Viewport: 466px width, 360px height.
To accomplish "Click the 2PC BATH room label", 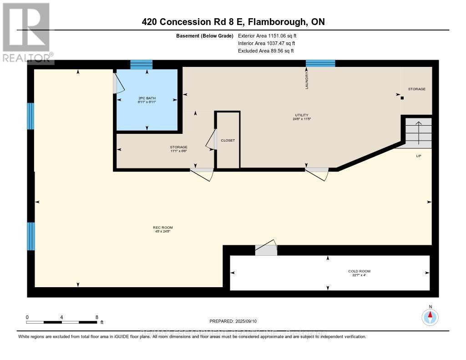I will pyautogui.click(x=147, y=100).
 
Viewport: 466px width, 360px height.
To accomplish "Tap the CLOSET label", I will pyautogui.click(x=228, y=140).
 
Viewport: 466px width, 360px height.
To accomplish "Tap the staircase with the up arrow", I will pyautogui.click(x=417, y=132).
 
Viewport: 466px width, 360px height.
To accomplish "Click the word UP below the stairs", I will pyautogui.click(x=419, y=156).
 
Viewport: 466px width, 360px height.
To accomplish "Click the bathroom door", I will pyautogui.click(x=117, y=83).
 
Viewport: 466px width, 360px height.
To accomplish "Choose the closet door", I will pyautogui.click(x=212, y=140).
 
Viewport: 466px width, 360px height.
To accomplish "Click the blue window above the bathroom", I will pyautogui.click(x=141, y=64).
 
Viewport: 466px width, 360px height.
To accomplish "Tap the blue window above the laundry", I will pyautogui.click(x=320, y=63).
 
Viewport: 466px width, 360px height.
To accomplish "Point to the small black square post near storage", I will pyautogui.click(x=402, y=97).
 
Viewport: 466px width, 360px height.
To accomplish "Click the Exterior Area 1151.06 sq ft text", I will pyautogui.click(x=268, y=35).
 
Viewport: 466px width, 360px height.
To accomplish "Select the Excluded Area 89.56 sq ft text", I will pyautogui.click(x=266, y=51).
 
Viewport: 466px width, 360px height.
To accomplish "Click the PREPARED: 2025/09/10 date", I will pyautogui.click(x=233, y=321).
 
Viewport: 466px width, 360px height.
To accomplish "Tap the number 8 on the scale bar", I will pyautogui.click(x=96, y=317).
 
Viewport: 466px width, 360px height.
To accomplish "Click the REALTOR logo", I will pyautogui.click(x=26, y=32).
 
